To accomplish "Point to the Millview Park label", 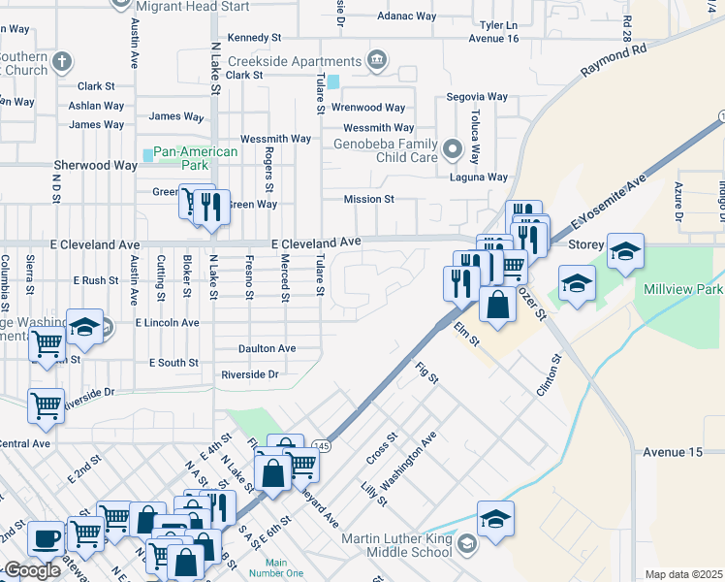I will [x=681, y=290].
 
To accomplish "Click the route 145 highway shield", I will [x=322, y=445].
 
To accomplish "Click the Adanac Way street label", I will [x=407, y=16].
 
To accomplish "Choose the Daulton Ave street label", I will [x=267, y=348].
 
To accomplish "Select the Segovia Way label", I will [x=477, y=97].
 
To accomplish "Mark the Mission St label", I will [x=368, y=200].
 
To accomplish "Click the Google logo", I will [x=32, y=570].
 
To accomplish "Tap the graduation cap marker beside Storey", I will [x=625, y=249].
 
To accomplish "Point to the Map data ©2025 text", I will [x=682, y=574].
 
